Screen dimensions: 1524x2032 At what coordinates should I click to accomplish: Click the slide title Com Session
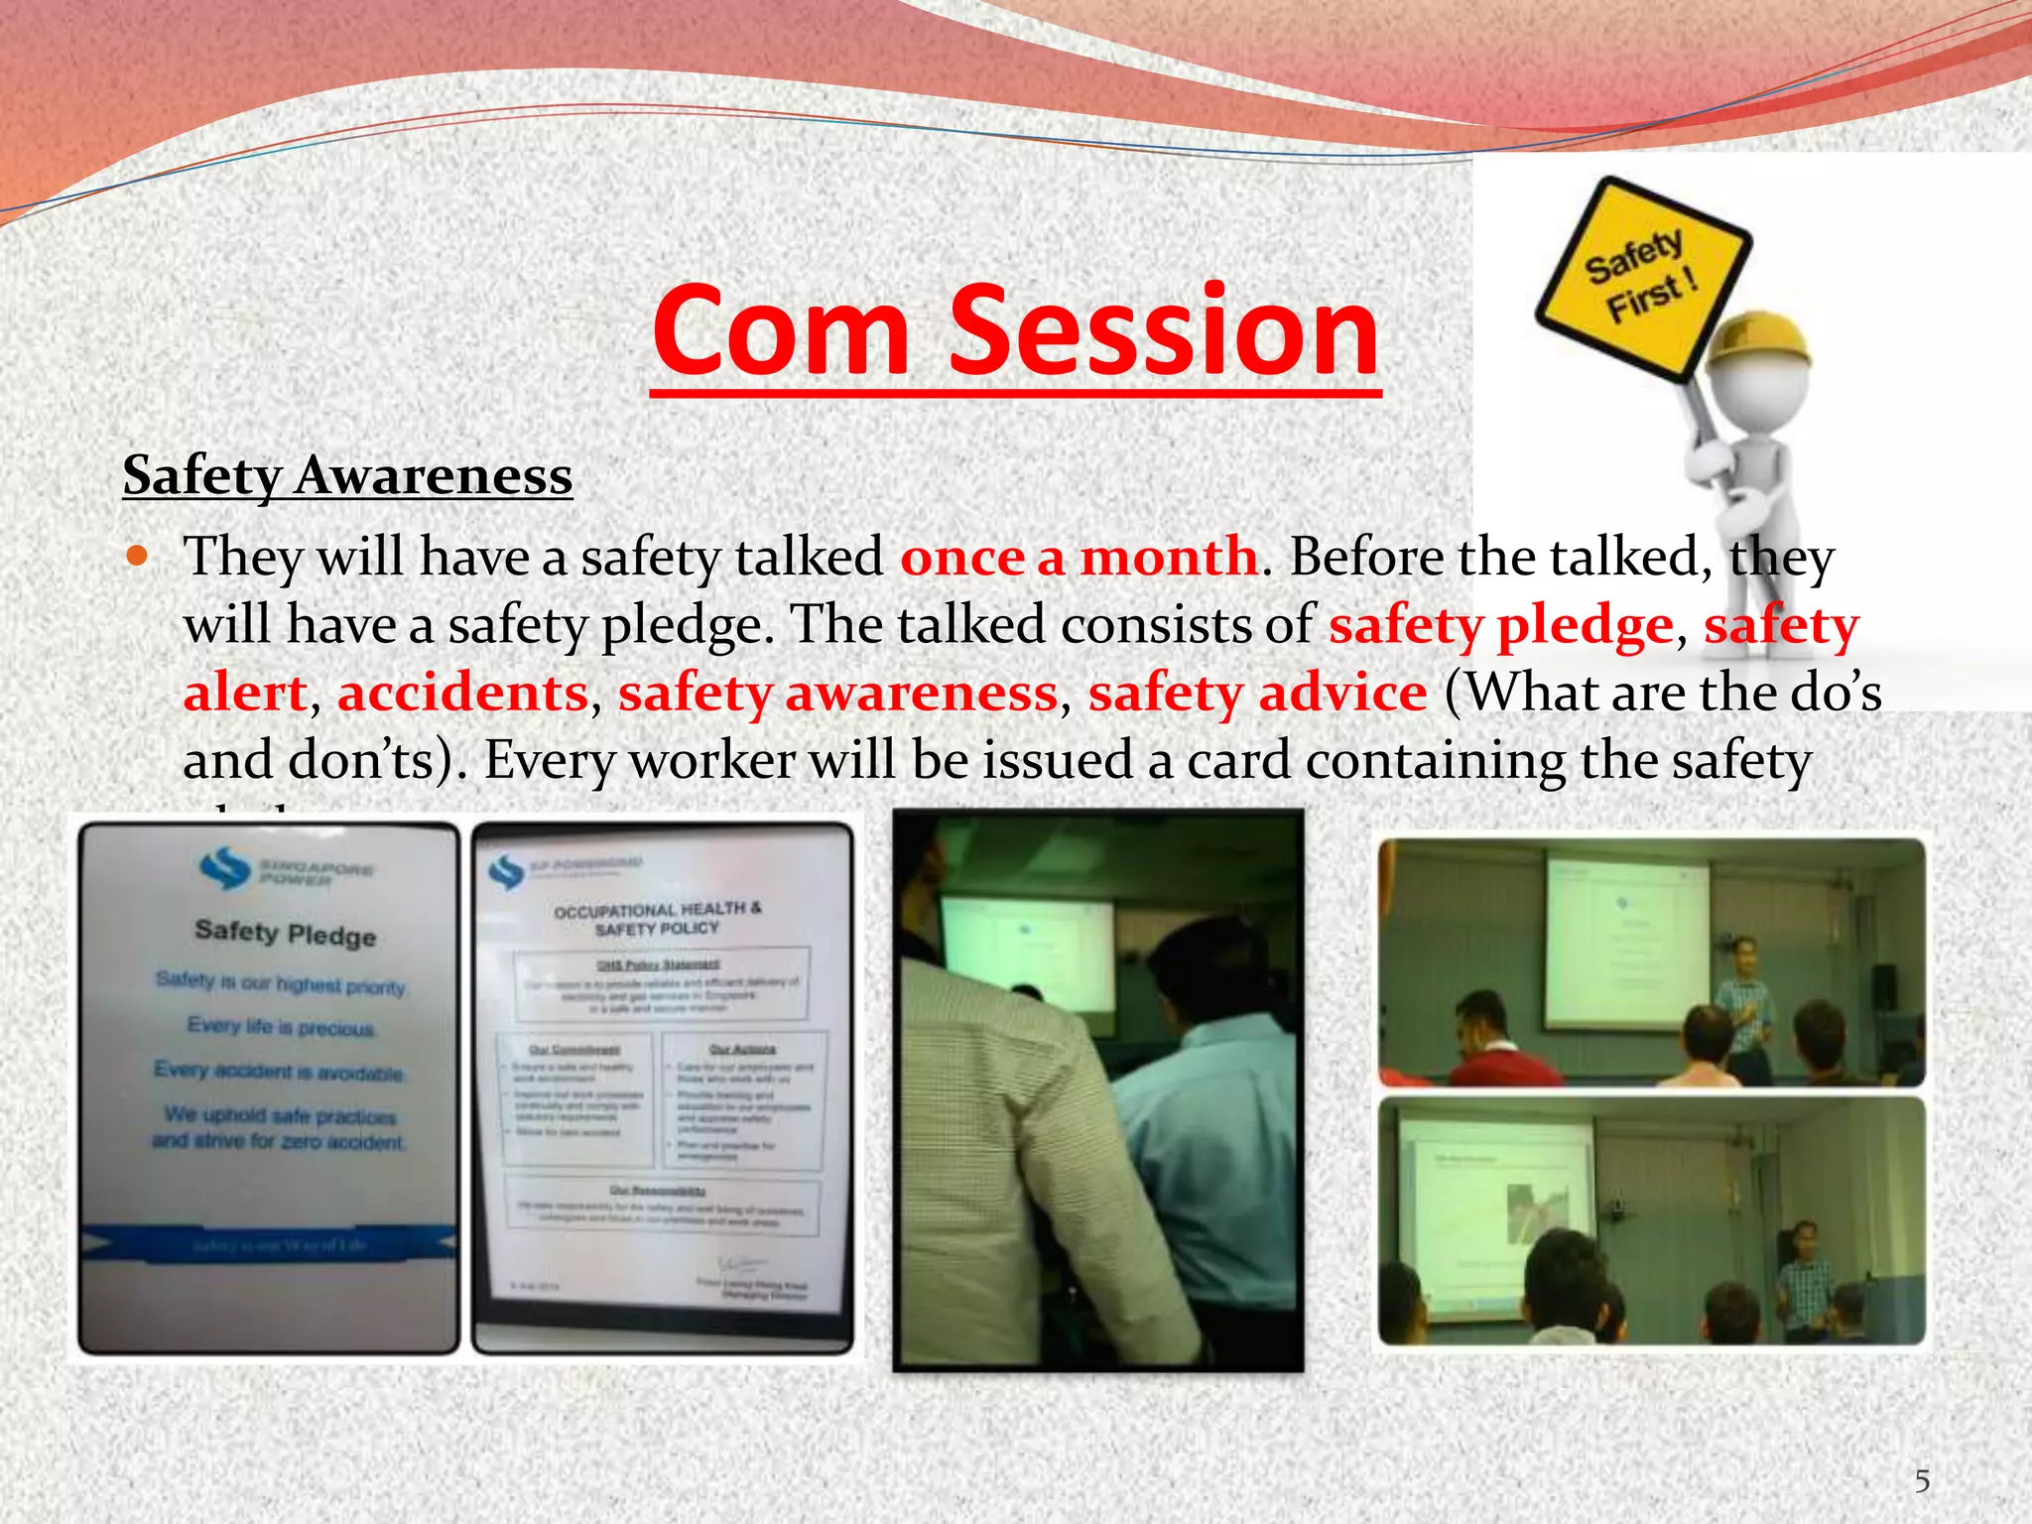click(x=1015, y=332)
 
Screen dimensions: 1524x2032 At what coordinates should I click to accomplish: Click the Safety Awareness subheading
click(x=347, y=475)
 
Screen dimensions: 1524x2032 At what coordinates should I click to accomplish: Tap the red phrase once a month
click(x=1079, y=557)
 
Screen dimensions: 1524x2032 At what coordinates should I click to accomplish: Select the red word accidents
click(x=463, y=693)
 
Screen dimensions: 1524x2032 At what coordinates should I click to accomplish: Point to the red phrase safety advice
click(x=1257, y=693)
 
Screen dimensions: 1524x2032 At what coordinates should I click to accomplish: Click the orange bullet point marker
click(x=137, y=555)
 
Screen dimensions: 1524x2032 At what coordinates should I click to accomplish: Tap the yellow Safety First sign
click(x=1642, y=278)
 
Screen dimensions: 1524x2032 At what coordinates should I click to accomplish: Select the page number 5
click(x=1922, y=1481)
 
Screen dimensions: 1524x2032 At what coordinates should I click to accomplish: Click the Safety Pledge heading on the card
click(x=286, y=933)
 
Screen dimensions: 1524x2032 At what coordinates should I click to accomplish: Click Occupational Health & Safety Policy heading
click(x=657, y=918)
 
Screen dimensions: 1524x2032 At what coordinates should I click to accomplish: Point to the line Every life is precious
click(x=281, y=1026)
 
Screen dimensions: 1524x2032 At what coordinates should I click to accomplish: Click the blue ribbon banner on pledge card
click(x=268, y=1244)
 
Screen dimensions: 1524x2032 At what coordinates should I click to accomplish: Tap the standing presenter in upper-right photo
click(x=1743, y=1002)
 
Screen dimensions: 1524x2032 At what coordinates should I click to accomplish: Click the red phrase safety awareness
click(x=838, y=693)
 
